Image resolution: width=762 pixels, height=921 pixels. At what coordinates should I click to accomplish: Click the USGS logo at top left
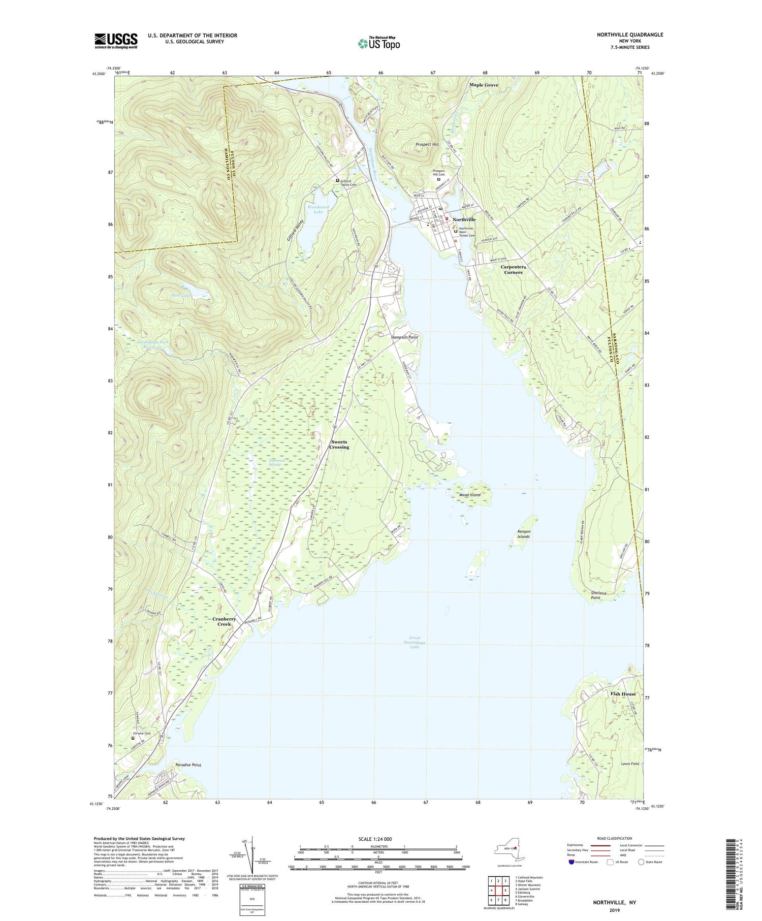pos(116,41)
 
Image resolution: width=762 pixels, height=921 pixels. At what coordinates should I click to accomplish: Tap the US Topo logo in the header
pos(378,43)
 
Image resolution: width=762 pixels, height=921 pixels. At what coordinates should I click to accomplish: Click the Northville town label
pos(464,219)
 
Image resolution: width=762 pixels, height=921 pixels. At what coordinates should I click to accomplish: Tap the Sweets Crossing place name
pos(339,444)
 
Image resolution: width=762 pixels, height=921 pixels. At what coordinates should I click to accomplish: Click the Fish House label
pos(622,694)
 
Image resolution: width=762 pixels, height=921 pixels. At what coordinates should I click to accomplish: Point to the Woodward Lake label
pos(319,209)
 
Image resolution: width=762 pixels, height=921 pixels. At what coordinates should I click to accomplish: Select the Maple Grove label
pos(484,85)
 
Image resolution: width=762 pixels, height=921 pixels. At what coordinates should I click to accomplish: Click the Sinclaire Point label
pos(602,595)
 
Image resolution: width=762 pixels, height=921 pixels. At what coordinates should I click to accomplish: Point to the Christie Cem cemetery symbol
pos(133,739)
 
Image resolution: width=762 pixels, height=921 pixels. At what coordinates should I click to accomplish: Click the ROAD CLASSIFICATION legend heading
pos(611,838)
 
